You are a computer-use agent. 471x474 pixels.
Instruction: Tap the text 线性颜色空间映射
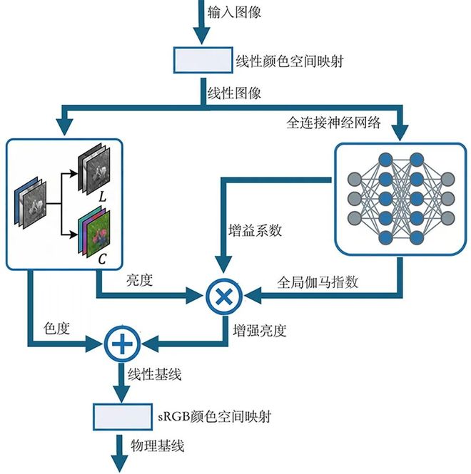[290, 61]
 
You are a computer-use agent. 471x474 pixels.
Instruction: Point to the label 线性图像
[233, 93]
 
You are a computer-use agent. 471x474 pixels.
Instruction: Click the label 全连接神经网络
[330, 122]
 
